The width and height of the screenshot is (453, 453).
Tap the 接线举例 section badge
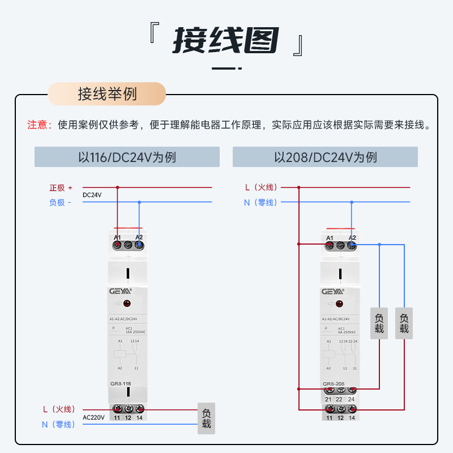pyautogui.click(x=107, y=94)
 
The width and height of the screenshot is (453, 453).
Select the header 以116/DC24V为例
pyautogui.click(x=127, y=157)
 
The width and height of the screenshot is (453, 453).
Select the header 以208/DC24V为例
pyautogui.click(x=325, y=157)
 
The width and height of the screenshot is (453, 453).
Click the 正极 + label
pyautogui.click(x=61, y=187)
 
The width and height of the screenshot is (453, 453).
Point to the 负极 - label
pyautogui.click(x=60, y=202)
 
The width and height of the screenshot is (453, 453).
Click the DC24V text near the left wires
pyautogui.click(x=92, y=195)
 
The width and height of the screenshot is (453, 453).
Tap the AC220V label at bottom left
pyautogui.click(x=93, y=417)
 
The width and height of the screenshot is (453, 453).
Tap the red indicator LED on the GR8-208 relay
pyautogui.click(x=340, y=304)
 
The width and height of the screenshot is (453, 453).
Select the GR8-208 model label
pyautogui.click(x=334, y=384)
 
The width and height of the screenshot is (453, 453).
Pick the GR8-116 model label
pyautogui.click(x=121, y=384)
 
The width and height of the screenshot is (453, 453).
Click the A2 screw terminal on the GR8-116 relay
pyautogui.click(x=139, y=245)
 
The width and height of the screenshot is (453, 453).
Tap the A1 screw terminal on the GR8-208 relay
pyautogui.click(x=330, y=245)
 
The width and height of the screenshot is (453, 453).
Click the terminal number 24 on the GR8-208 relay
pyautogui.click(x=352, y=399)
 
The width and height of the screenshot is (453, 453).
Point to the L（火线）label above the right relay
pyautogui.click(x=260, y=187)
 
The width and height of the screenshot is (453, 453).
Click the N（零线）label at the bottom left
pyautogui.click(x=58, y=424)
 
